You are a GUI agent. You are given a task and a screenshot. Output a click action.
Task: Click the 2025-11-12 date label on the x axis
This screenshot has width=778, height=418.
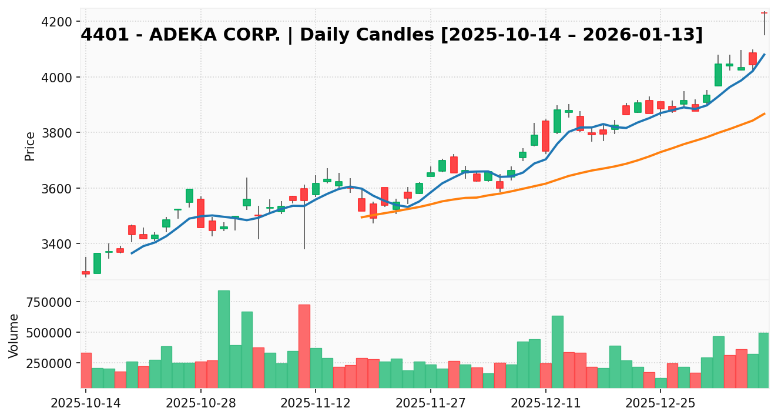coord(316,404)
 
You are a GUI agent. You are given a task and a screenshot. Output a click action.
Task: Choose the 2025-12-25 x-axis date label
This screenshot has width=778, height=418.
coord(660,404)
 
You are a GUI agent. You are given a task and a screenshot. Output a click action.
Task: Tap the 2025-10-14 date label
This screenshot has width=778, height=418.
coord(86,404)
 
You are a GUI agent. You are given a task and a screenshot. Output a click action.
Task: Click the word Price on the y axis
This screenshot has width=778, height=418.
coord(30,146)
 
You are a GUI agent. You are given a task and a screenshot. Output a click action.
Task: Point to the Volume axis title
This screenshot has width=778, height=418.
coord(14,335)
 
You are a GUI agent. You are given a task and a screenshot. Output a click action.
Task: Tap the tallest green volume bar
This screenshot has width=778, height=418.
coord(224,339)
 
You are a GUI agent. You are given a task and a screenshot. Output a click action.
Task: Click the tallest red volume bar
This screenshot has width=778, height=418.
coord(304,346)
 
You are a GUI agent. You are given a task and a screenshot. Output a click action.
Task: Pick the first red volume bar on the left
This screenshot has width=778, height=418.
coord(86,370)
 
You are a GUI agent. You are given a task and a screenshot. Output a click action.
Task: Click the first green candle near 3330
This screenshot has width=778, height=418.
coord(97,263)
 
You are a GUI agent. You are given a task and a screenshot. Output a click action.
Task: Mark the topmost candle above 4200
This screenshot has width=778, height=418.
coord(764,13)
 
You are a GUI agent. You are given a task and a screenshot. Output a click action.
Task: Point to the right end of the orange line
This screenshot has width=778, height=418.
coord(764,113)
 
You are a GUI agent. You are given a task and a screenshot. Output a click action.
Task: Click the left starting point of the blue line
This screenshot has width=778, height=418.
coord(132,253)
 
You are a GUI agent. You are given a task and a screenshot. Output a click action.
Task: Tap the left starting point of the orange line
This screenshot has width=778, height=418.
coord(361,218)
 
